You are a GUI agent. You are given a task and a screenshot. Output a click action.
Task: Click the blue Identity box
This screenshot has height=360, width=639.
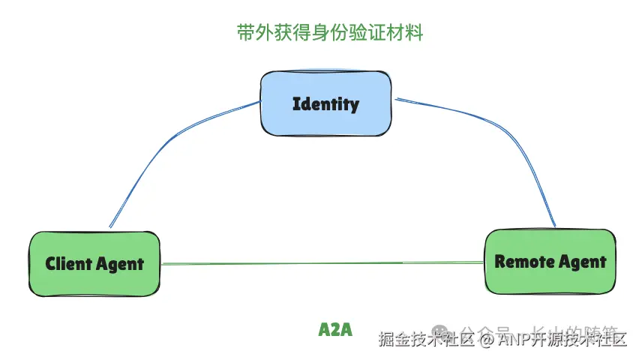pyautogui.click(x=325, y=103)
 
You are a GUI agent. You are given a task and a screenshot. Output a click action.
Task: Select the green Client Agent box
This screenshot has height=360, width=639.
pyautogui.click(x=94, y=263)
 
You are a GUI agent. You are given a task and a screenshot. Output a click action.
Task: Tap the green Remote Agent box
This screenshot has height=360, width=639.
pyautogui.click(x=550, y=261)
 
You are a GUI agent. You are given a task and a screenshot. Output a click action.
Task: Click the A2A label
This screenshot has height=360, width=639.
pyautogui.click(x=335, y=330)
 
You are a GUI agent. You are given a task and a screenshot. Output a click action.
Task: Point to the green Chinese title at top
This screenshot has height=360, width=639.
pyautogui.click(x=329, y=34)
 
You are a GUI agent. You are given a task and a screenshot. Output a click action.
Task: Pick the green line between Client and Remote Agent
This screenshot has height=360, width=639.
pyautogui.click(x=322, y=263)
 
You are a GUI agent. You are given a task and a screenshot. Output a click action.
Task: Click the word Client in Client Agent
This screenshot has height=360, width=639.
pyautogui.click(x=70, y=263)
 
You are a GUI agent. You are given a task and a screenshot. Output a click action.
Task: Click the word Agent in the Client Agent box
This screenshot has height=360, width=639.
pyautogui.click(x=120, y=265)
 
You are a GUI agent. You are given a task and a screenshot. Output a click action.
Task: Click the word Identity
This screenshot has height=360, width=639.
pyautogui.click(x=325, y=103)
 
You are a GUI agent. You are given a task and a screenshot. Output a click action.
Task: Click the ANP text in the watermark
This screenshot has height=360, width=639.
pyautogui.click(x=512, y=340)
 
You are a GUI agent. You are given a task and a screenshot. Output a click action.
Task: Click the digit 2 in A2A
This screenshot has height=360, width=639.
pyautogui.click(x=335, y=330)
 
